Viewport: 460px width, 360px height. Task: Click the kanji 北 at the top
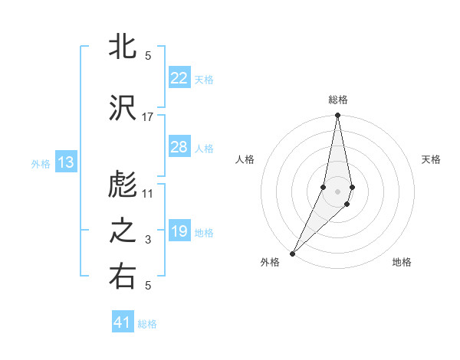[123, 47]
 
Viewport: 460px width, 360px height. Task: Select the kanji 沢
[123, 109]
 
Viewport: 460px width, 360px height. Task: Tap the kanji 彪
[123, 186]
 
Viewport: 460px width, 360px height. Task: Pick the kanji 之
[123, 232]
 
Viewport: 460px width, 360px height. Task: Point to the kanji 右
[123, 278]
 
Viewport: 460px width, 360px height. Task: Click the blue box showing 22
[179, 78]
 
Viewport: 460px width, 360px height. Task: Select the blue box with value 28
[179, 147]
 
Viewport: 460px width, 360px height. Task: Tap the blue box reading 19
[179, 231]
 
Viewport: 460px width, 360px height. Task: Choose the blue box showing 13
[65, 162]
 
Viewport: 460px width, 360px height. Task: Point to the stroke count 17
[148, 117]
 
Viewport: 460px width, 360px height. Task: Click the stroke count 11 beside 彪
[148, 194]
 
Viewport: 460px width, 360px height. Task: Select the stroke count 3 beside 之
[148, 240]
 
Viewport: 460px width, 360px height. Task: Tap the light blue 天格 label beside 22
[204, 79]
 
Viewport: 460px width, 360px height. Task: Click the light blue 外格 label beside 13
[41, 163]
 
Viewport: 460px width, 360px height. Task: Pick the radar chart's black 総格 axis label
[338, 100]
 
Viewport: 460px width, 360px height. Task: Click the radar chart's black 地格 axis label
[402, 262]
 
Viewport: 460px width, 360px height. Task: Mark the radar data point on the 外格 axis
[292, 253]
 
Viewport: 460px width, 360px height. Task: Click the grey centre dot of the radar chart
[338, 191]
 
